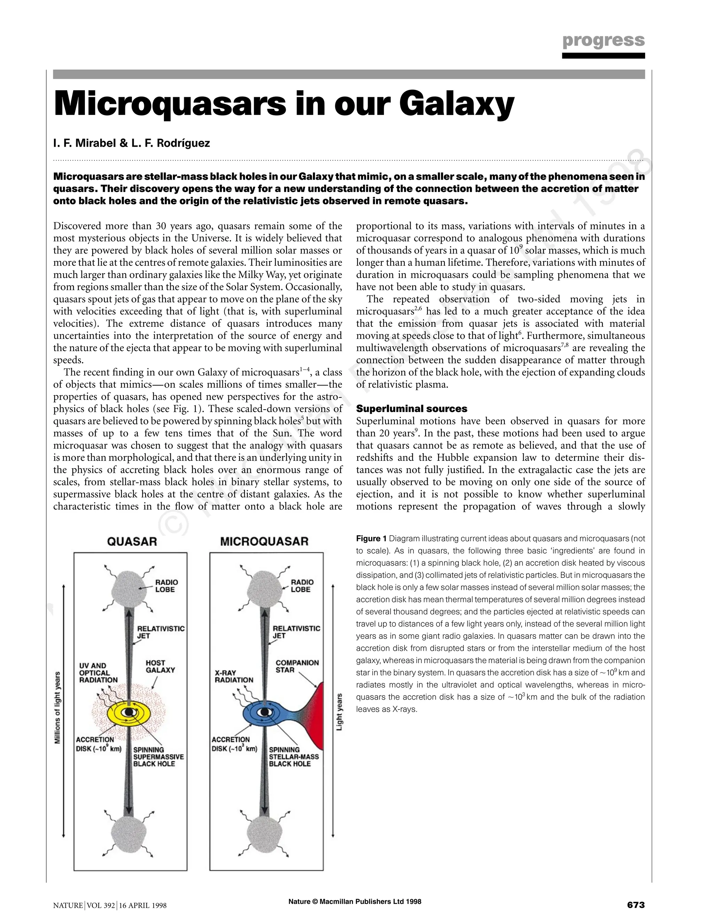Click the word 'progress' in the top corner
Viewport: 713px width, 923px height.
[603, 40]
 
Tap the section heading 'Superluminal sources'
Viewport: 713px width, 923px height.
[412, 409]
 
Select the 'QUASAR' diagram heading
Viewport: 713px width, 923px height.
[132, 541]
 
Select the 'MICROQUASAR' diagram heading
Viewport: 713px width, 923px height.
[265, 541]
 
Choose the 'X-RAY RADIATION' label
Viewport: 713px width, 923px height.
[234, 676]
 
